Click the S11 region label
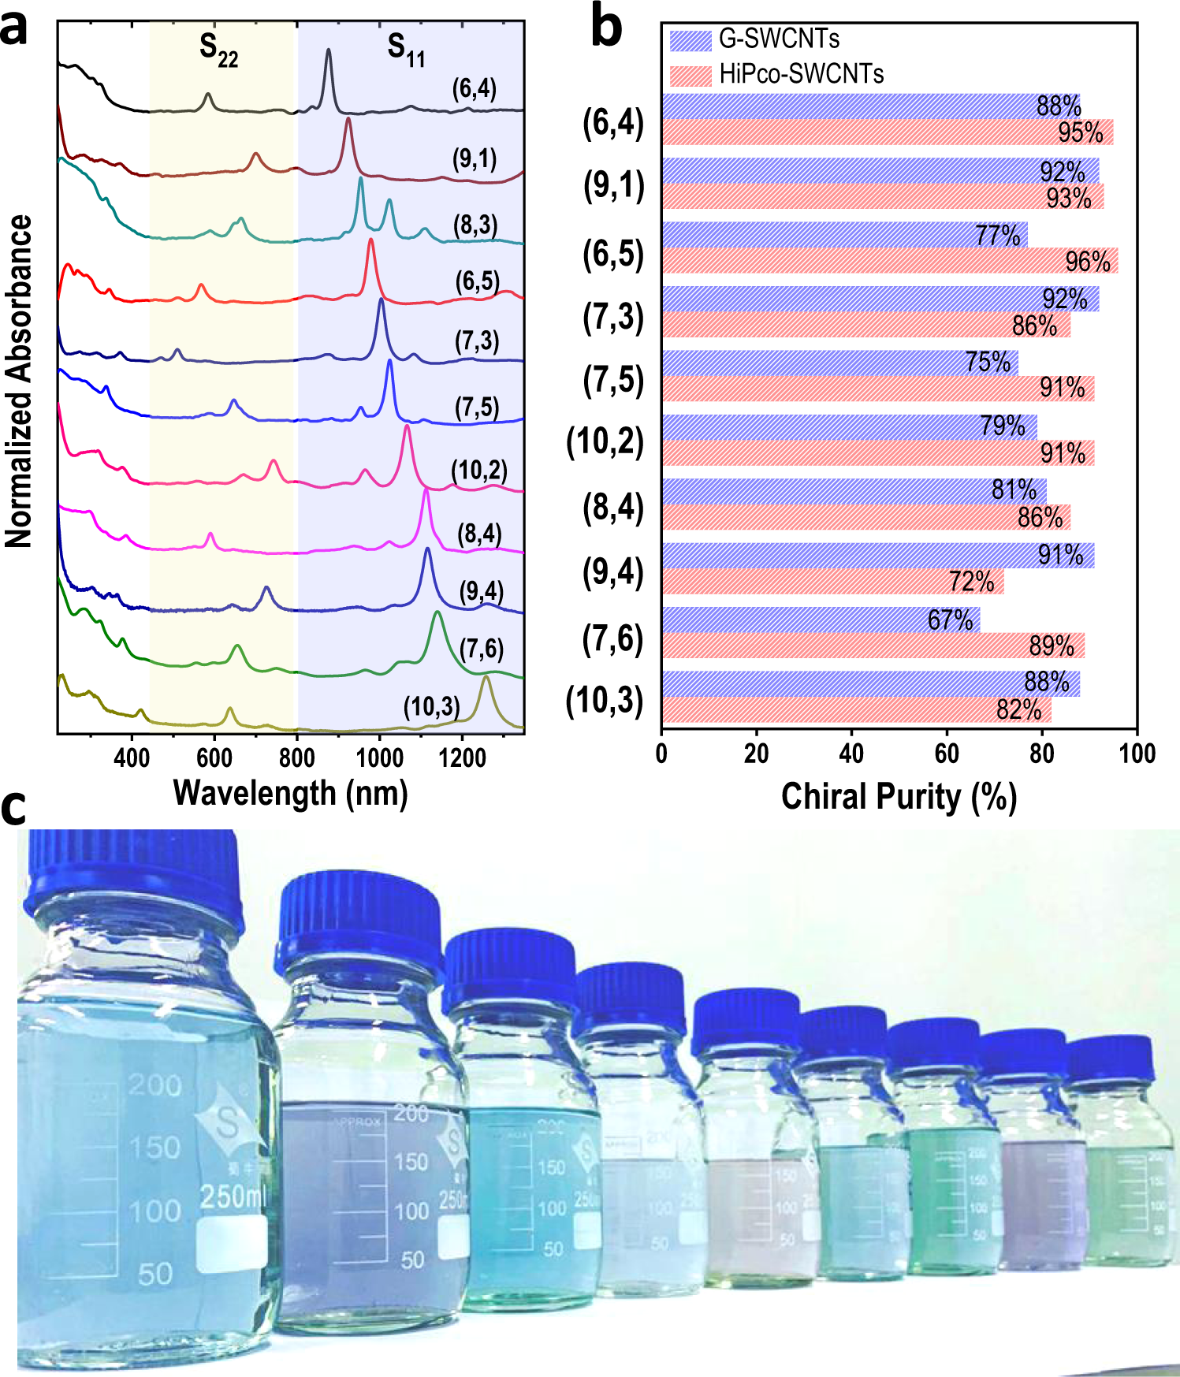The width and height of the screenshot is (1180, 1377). pos(406,50)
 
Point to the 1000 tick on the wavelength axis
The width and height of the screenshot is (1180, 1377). pos(379,758)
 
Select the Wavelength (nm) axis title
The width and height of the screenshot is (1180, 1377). pos(290,793)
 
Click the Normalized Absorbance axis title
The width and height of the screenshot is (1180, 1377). pos(19,381)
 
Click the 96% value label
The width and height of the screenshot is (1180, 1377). pos(1088,262)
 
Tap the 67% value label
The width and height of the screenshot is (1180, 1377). pos(950,620)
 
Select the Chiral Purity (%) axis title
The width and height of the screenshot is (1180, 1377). pos(899,797)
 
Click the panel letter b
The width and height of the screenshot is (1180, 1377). pos(605,28)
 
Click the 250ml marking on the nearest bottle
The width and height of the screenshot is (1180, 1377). pos(233,1197)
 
